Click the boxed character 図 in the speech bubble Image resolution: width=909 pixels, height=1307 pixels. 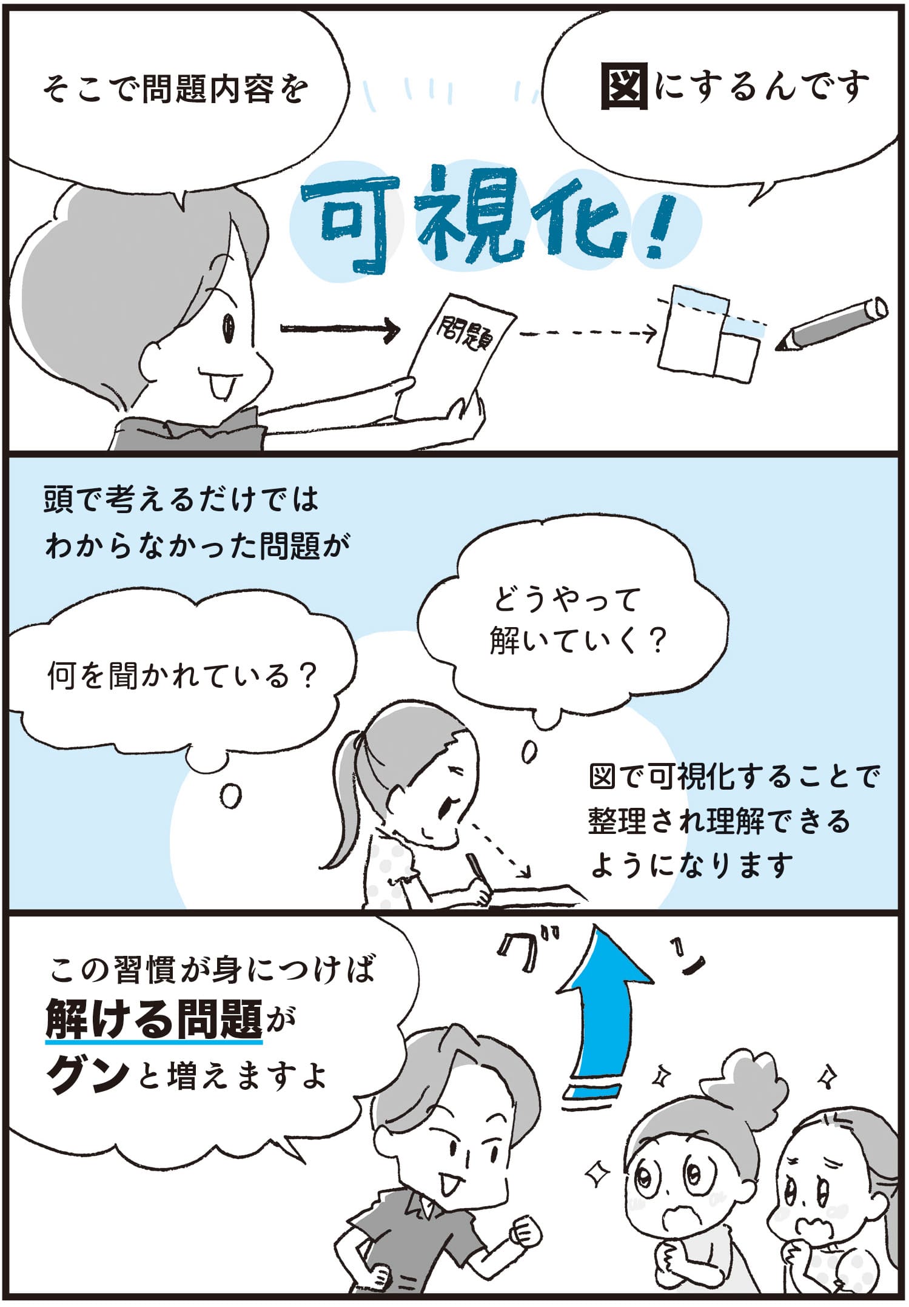(x=624, y=87)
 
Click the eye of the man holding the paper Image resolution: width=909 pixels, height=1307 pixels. (x=229, y=328)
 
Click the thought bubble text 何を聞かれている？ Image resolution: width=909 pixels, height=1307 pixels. (x=183, y=674)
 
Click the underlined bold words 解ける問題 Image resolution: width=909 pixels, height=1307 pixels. (x=154, y=1019)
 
